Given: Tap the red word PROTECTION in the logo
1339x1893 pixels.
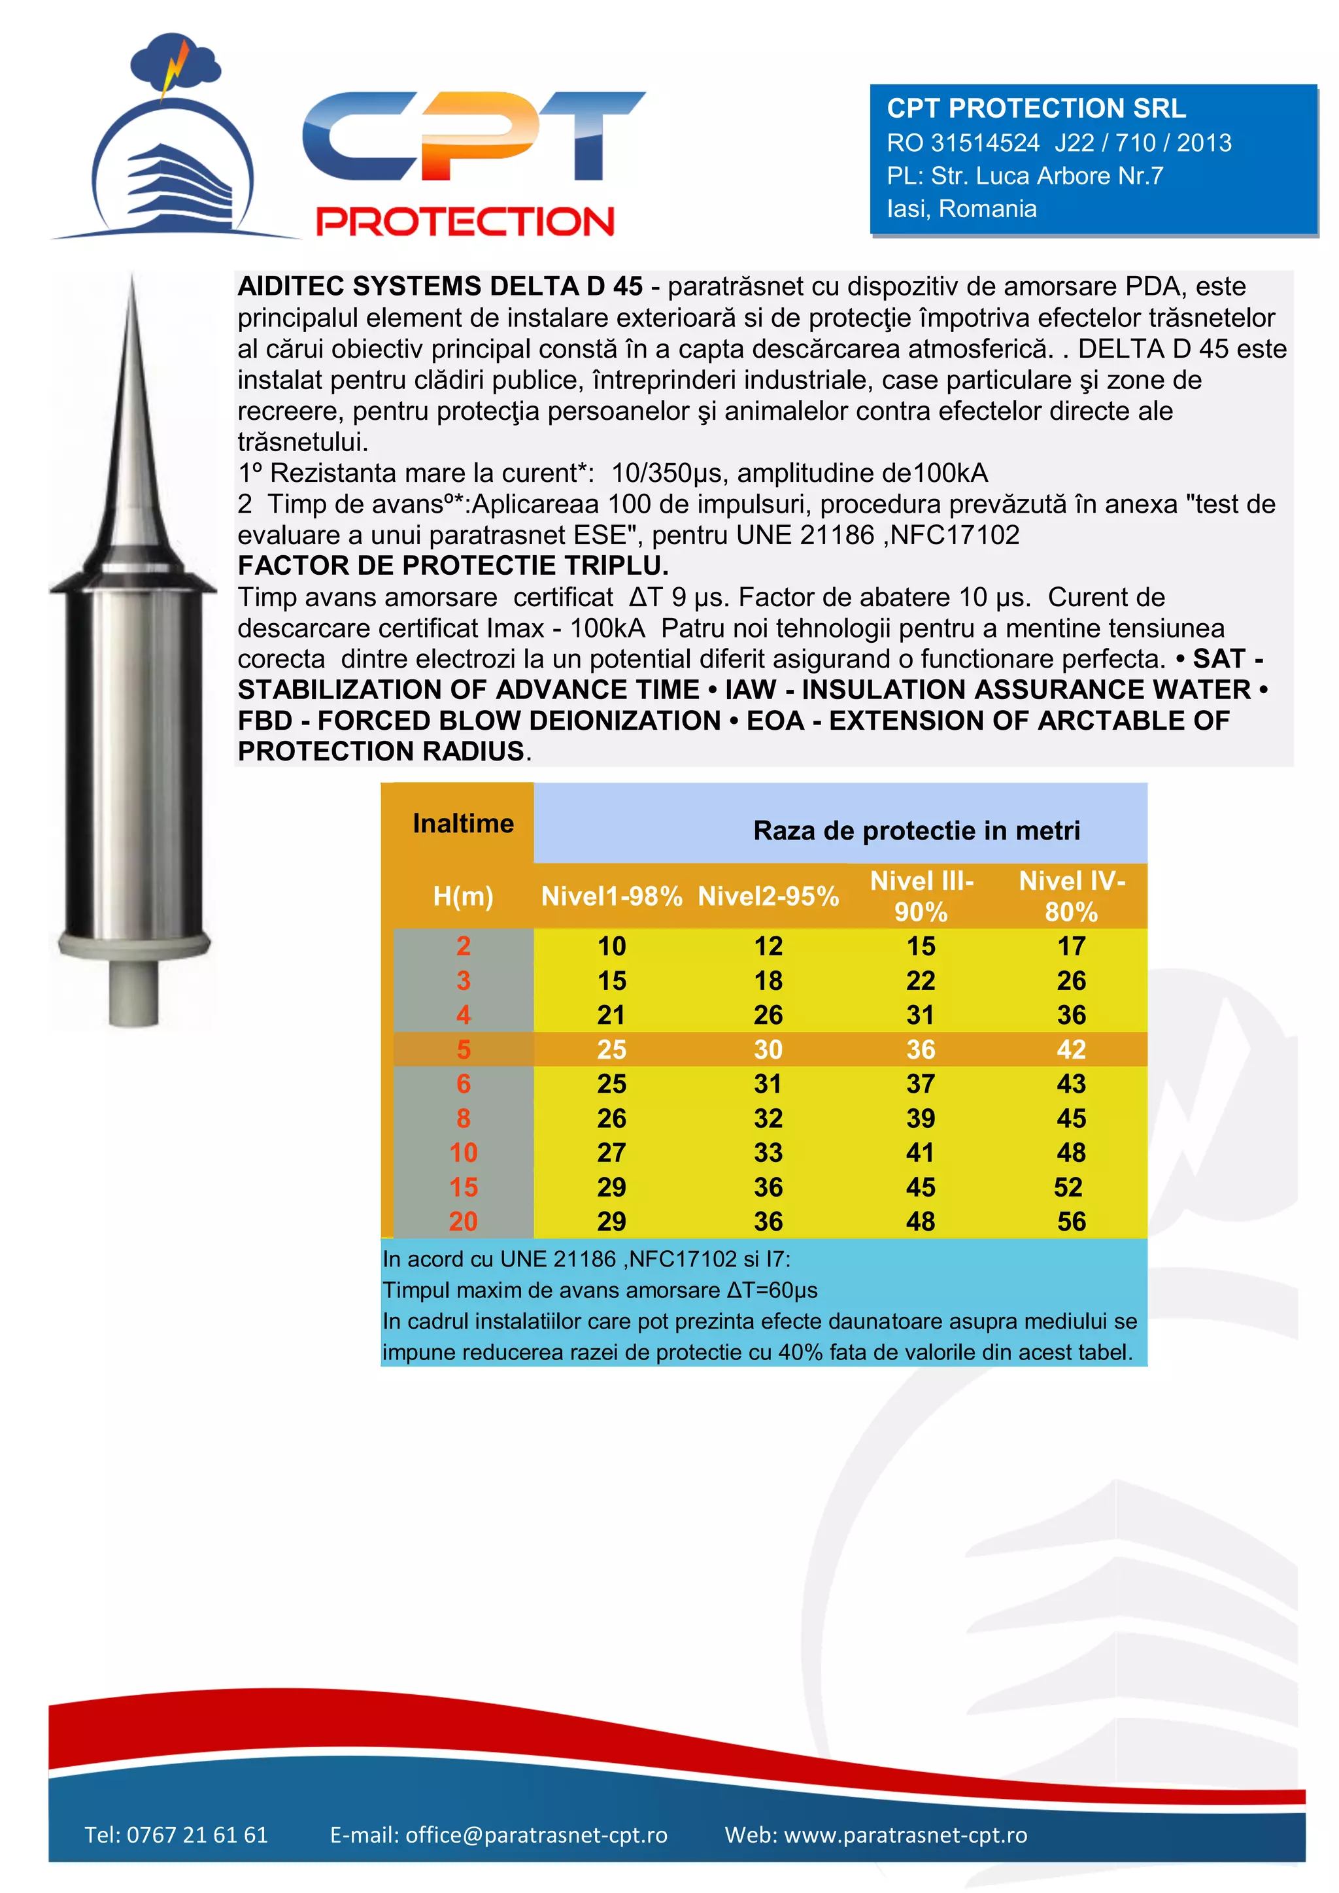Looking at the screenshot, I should tap(465, 222).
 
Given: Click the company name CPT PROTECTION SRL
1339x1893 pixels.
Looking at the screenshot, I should tap(1036, 108).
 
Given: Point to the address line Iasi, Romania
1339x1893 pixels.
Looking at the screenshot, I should tap(961, 209).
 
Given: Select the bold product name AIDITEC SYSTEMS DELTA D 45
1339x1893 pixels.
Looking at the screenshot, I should tap(440, 286).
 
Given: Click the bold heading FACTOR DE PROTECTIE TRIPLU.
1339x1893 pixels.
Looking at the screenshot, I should tap(452, 566).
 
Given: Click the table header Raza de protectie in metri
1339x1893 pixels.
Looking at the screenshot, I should tap(916, 830).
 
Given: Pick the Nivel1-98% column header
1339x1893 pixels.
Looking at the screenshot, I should tap(611, 896).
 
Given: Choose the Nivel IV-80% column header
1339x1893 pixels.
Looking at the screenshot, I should tap(1071, 896).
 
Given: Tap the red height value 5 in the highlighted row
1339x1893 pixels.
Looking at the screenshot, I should tap(464, 1049).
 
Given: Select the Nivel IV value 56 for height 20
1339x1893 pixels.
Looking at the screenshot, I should tap(1071, 1221).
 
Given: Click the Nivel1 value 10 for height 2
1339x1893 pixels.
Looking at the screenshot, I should tap(611, 946).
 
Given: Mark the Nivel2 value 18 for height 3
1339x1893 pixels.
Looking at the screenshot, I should tap(768, 980).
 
